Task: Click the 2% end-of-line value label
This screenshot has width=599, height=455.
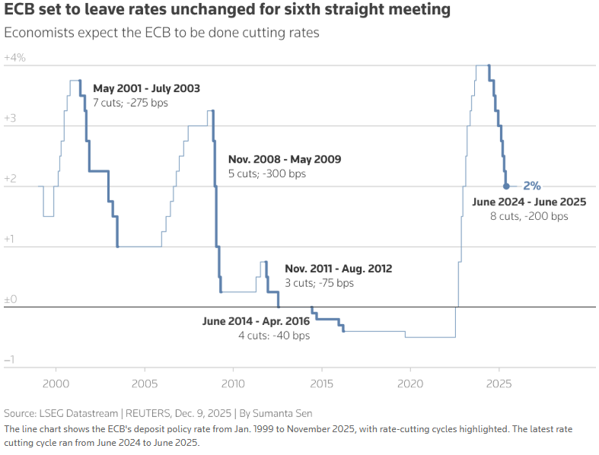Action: click(x=532, y=186)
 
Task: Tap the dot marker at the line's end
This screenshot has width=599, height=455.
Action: click(x=506, y=186)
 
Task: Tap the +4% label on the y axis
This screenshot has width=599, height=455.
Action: click(x=15, y=58)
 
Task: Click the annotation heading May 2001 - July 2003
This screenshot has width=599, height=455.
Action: click(x=146, y=88)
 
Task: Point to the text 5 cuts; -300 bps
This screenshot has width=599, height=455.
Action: click(x=267, y=173)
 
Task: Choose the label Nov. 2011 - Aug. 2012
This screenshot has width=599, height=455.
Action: click(x=339, y=269)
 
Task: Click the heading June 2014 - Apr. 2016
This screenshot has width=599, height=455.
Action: click(x=256, y=321)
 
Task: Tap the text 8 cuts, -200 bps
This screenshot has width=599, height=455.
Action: click(x=529, y=216)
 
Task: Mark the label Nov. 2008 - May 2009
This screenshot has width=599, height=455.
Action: click(x=285, y=160)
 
